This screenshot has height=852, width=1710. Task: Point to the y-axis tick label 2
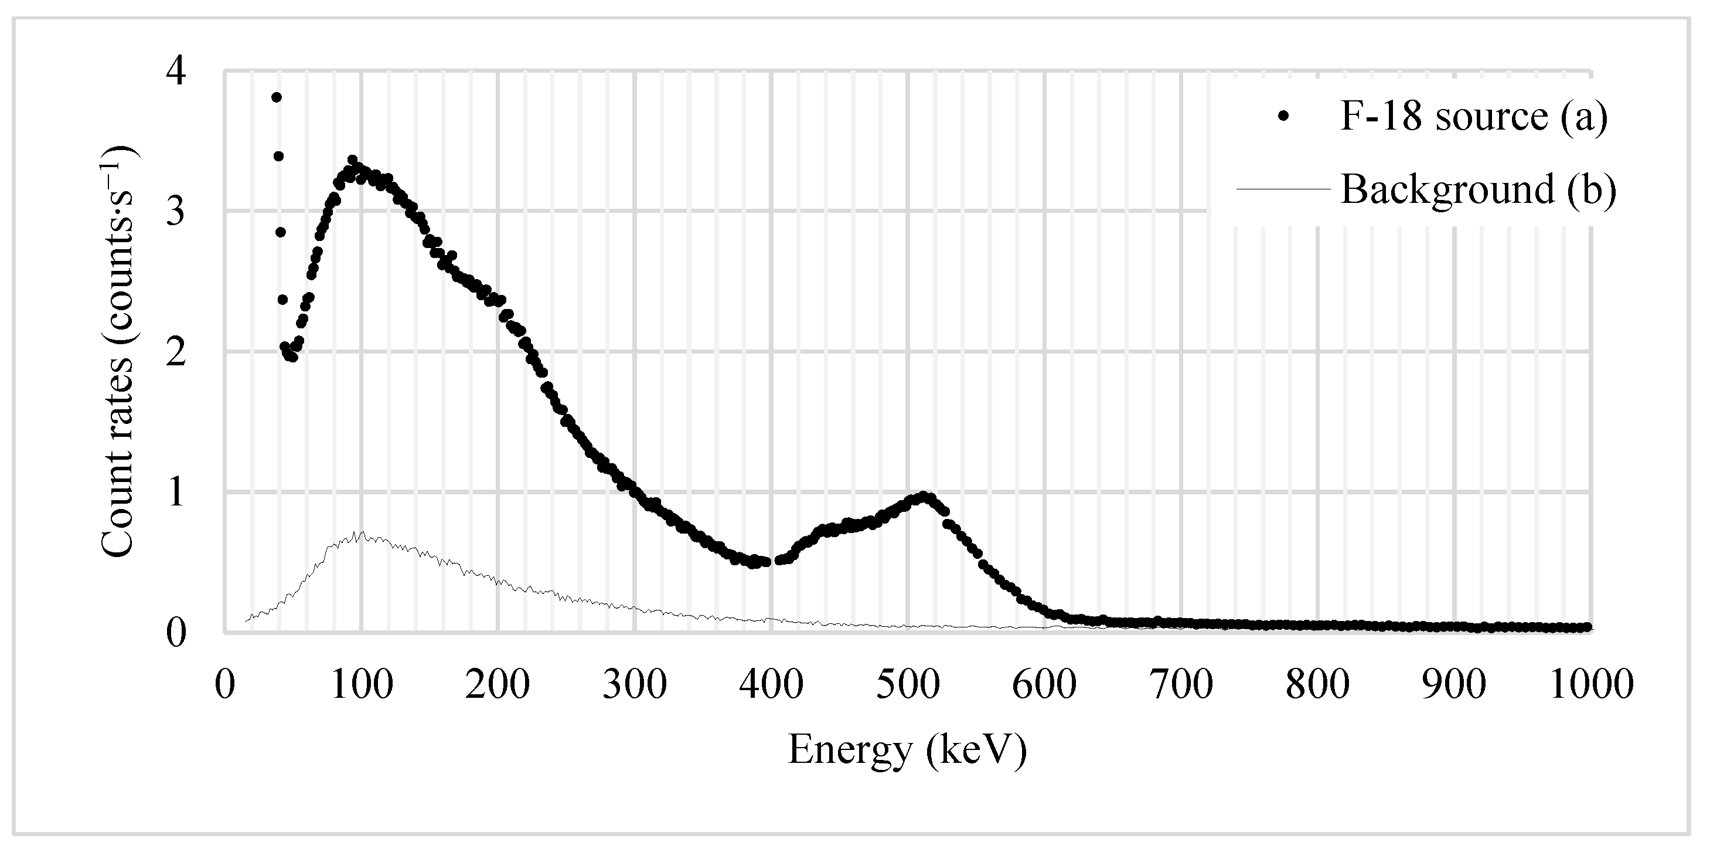coord(176,352)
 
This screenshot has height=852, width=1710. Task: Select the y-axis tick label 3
coord(176,212)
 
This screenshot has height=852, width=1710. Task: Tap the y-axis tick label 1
coord(176,493)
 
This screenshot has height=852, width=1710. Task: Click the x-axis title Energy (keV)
coord(907,752)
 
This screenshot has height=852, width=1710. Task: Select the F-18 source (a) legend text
coord(1474,117)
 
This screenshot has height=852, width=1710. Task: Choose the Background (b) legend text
coord(1479,189)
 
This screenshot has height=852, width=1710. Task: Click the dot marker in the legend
coord(1283,117)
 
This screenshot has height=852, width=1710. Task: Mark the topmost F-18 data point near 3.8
coord(277,97)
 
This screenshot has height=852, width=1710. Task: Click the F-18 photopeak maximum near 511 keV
coord(924,496)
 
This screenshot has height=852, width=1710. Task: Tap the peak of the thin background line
coord(361,532)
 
